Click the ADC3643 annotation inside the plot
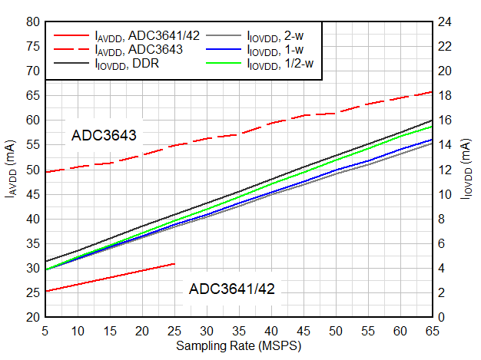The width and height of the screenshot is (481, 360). click(104, 136)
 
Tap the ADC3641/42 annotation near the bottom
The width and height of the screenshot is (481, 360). click(231, 289)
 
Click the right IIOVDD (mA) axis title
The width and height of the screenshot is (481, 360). click(468, 170)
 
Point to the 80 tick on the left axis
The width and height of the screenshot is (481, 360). click(32, 21)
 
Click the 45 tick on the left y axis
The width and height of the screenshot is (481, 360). click(32, 194)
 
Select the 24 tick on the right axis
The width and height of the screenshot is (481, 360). click(444, 21)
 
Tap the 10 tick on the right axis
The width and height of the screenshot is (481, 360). click(444, 194)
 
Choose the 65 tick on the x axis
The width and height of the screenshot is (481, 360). click(432, 330)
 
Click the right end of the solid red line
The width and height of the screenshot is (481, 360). click(174, 263)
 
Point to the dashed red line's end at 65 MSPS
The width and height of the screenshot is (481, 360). click(432, 92)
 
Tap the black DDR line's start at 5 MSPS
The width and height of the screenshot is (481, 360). click(46, 261)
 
